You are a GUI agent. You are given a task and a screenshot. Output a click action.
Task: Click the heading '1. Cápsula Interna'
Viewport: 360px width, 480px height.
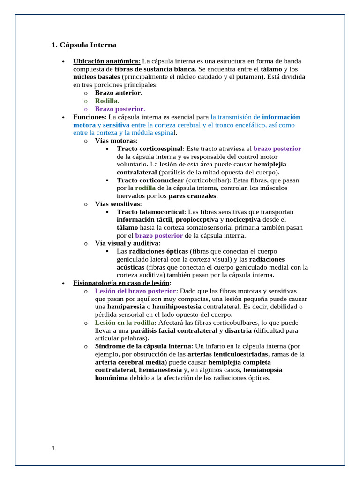[x=83, y=45]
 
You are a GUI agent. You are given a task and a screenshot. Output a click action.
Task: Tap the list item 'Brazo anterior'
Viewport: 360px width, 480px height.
[x=118, y=93]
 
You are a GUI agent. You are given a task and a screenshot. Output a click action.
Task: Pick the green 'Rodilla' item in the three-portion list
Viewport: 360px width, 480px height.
[x=106, y=101]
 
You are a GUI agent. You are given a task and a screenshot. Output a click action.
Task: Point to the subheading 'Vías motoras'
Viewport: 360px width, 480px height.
[x=116, y=141]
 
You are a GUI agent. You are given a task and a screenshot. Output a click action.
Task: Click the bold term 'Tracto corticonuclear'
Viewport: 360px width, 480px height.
[x=150, y=180]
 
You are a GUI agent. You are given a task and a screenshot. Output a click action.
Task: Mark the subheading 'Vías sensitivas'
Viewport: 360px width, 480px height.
[x=117, y=204]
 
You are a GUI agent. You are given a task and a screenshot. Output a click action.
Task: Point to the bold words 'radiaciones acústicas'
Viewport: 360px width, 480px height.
[x=267, y=259]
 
